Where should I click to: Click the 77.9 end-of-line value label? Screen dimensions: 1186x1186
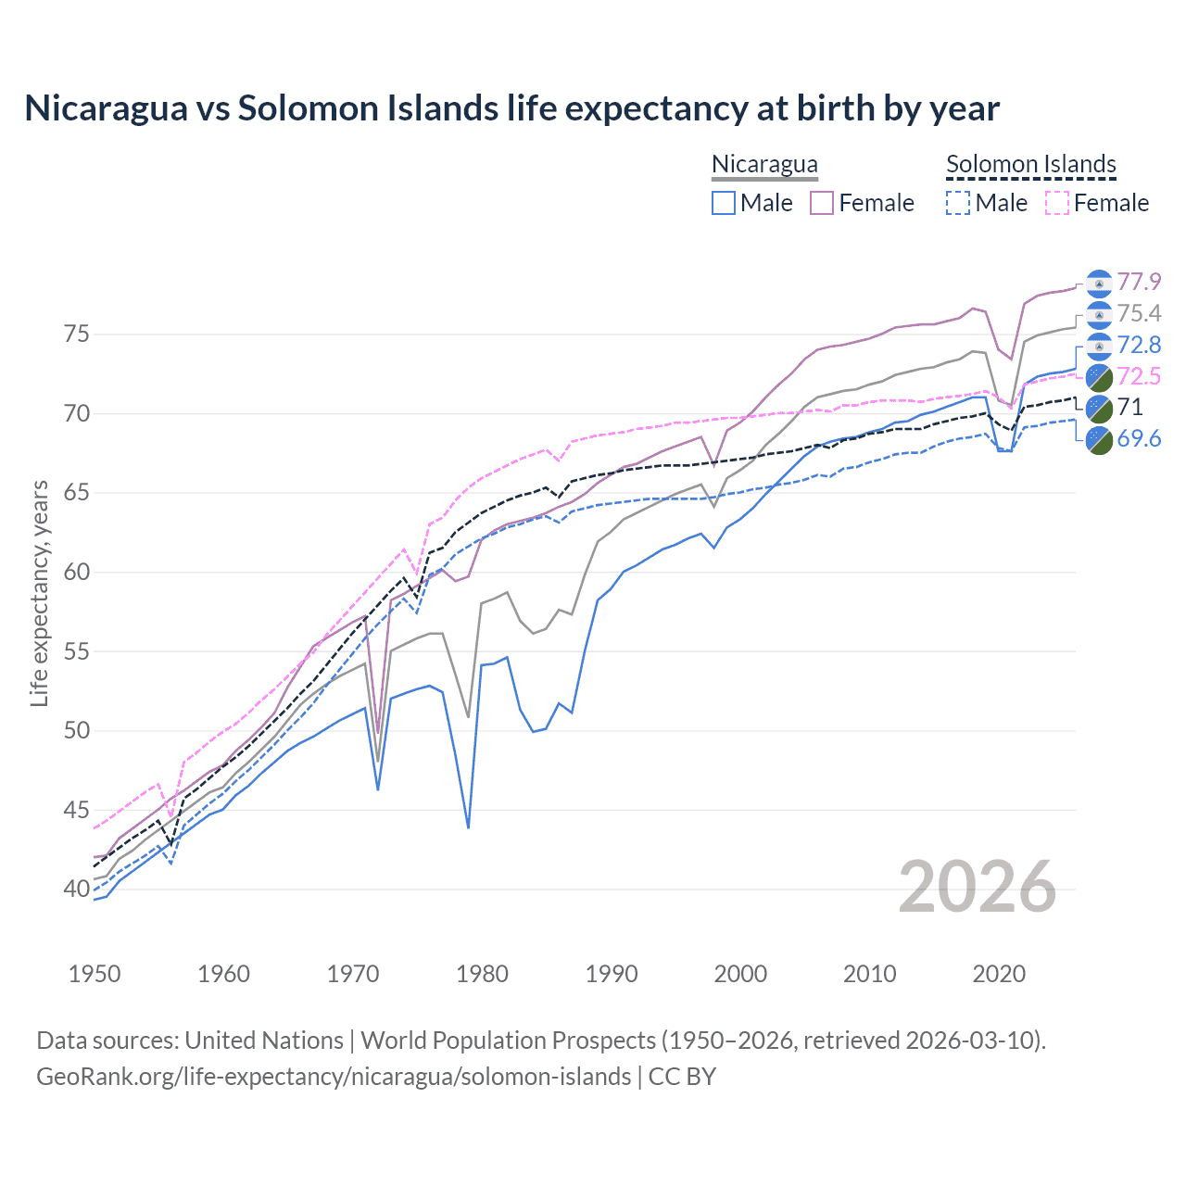click(x=1139, y=282)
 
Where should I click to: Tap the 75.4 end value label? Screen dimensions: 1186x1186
click(x=1139, y=313)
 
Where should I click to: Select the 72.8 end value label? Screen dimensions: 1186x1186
click(x=1139, y=345)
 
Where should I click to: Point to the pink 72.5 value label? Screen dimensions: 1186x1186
click(x=1139, y=376)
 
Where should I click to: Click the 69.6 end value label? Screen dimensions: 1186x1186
click(x=1139, y=438)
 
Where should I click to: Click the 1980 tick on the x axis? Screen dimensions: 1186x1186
click(x=482, y=974)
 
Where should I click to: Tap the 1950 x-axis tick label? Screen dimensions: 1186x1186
click(x=95, y=974)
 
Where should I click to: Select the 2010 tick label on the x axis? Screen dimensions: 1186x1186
click(x=869, y=974)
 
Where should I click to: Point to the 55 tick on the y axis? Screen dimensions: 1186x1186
click(x=76, y=651)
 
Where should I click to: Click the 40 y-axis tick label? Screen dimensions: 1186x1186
click(x=76, y=889)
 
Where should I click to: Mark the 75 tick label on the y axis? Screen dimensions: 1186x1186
click(x=76, y=334)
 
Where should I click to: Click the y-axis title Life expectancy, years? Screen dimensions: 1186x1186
click(x=39, y=593)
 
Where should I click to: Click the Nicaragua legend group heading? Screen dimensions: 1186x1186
click(x=764, y=164)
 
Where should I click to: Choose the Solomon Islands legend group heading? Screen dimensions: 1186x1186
click(x=1030, y=164)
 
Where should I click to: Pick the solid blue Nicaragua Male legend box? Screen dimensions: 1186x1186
click(x=724, y=203)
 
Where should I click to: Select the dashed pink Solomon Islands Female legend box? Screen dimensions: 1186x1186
click(x=1057, y=203)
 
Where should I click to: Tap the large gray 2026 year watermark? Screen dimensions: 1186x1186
click(x=977, y=887)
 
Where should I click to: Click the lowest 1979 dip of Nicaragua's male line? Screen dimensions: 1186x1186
click(x=468, y=826)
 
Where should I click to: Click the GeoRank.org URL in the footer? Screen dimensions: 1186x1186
click(x=334, y=1077)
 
